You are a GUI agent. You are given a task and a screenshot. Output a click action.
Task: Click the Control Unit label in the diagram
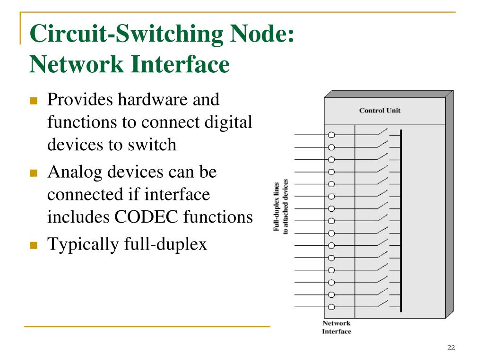380,111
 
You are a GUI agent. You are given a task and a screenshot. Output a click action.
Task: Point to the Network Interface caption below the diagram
337,327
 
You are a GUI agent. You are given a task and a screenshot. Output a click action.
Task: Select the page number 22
450,348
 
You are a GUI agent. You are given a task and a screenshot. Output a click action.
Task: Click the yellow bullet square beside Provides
33,101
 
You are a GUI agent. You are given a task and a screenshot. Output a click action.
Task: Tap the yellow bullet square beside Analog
33,173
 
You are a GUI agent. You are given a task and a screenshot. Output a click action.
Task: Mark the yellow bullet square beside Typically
33,245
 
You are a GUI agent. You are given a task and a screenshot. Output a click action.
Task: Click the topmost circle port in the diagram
331,135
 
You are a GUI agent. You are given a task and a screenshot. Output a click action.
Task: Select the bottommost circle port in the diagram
331,307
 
